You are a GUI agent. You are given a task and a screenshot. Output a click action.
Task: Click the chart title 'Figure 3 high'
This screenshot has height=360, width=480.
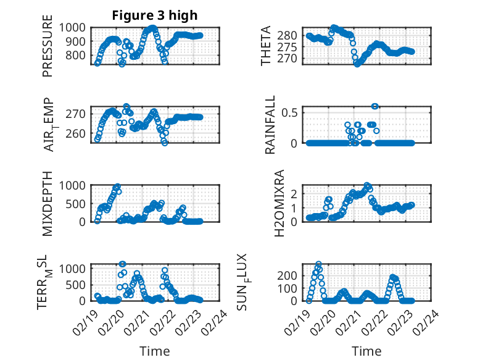click(155, 15)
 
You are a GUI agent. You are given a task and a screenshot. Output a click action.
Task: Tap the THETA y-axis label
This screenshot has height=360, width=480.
click(267, 46)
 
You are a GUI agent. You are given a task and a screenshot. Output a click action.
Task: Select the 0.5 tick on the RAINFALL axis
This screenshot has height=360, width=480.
click(292, 112)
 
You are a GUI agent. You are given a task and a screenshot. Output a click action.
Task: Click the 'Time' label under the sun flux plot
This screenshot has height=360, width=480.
click(366, 351)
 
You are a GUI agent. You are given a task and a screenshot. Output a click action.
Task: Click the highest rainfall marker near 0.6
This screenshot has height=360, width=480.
click(374, 106)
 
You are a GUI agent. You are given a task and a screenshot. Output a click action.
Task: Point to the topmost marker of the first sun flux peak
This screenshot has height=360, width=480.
click(318, 264)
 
